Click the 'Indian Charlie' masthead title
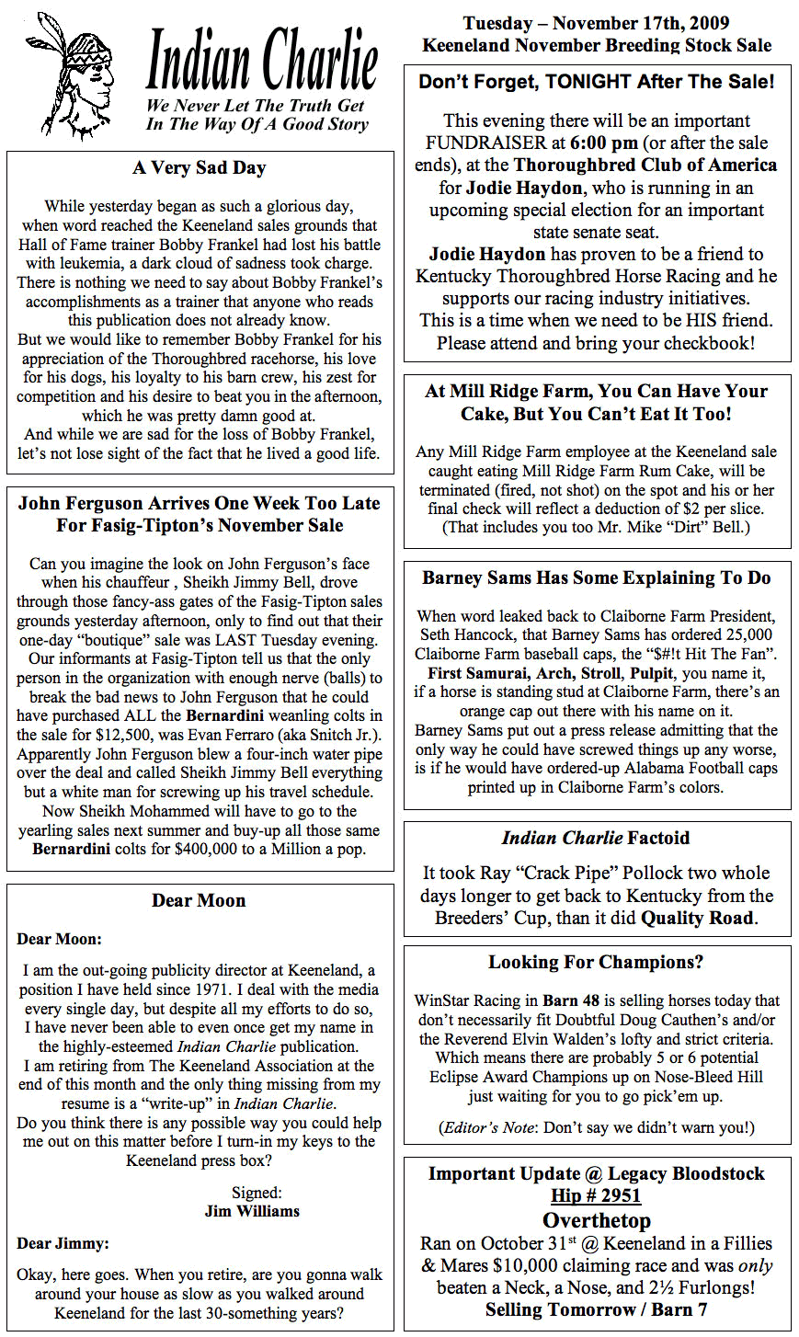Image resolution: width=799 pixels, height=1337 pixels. (262, 59)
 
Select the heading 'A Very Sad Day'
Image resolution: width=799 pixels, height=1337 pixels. (200, 167)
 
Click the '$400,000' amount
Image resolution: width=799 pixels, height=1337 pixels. (177, 849)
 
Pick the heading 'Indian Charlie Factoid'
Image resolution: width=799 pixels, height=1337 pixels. (596, 838)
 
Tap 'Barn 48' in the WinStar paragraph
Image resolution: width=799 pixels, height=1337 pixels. (570, 1000)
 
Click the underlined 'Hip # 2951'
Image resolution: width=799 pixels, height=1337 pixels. (596, 1195)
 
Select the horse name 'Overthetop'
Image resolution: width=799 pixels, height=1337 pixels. (596, 1220)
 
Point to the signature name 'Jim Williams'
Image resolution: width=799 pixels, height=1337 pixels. (251, 1211)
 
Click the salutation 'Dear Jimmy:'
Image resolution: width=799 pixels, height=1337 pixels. (63, 1243)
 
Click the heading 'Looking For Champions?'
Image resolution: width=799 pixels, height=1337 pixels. (596, 962)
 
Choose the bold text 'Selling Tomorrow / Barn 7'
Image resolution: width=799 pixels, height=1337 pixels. (596, 1309)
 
